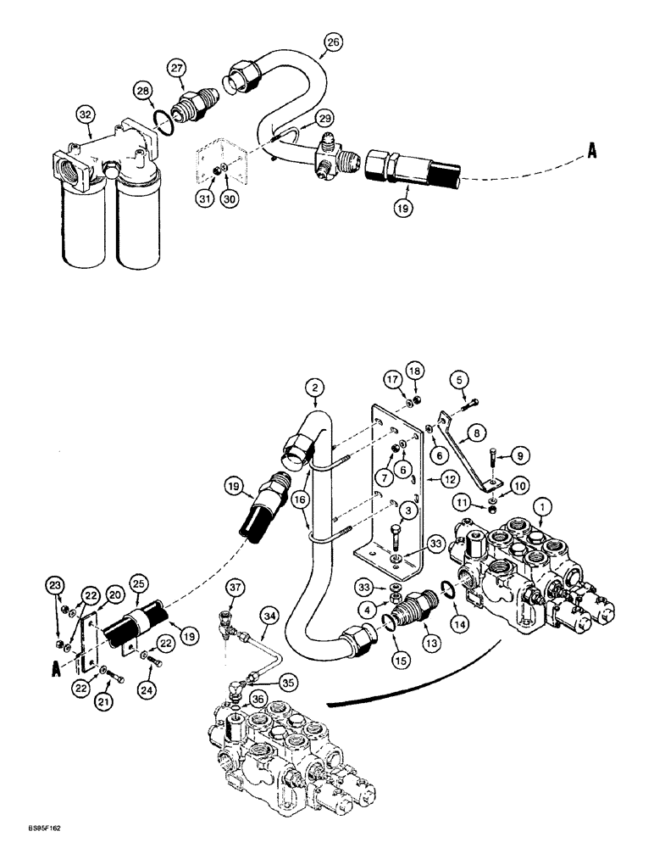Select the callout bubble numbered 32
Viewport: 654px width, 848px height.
[x=84, y=113]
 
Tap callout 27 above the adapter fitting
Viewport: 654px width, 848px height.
[x=175, y=68]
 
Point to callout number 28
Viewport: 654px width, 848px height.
[x=142, y=90]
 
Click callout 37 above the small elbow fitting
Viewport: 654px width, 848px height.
[x=236, y=589]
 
